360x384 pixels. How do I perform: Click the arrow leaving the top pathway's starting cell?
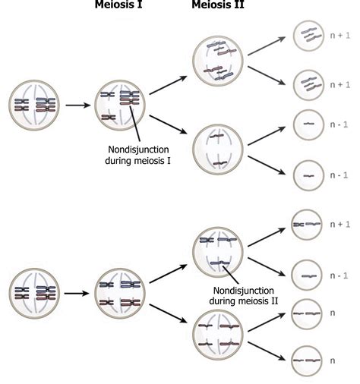tap(75, 104)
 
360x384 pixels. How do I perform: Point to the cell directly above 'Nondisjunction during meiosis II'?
tap(218, 250)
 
